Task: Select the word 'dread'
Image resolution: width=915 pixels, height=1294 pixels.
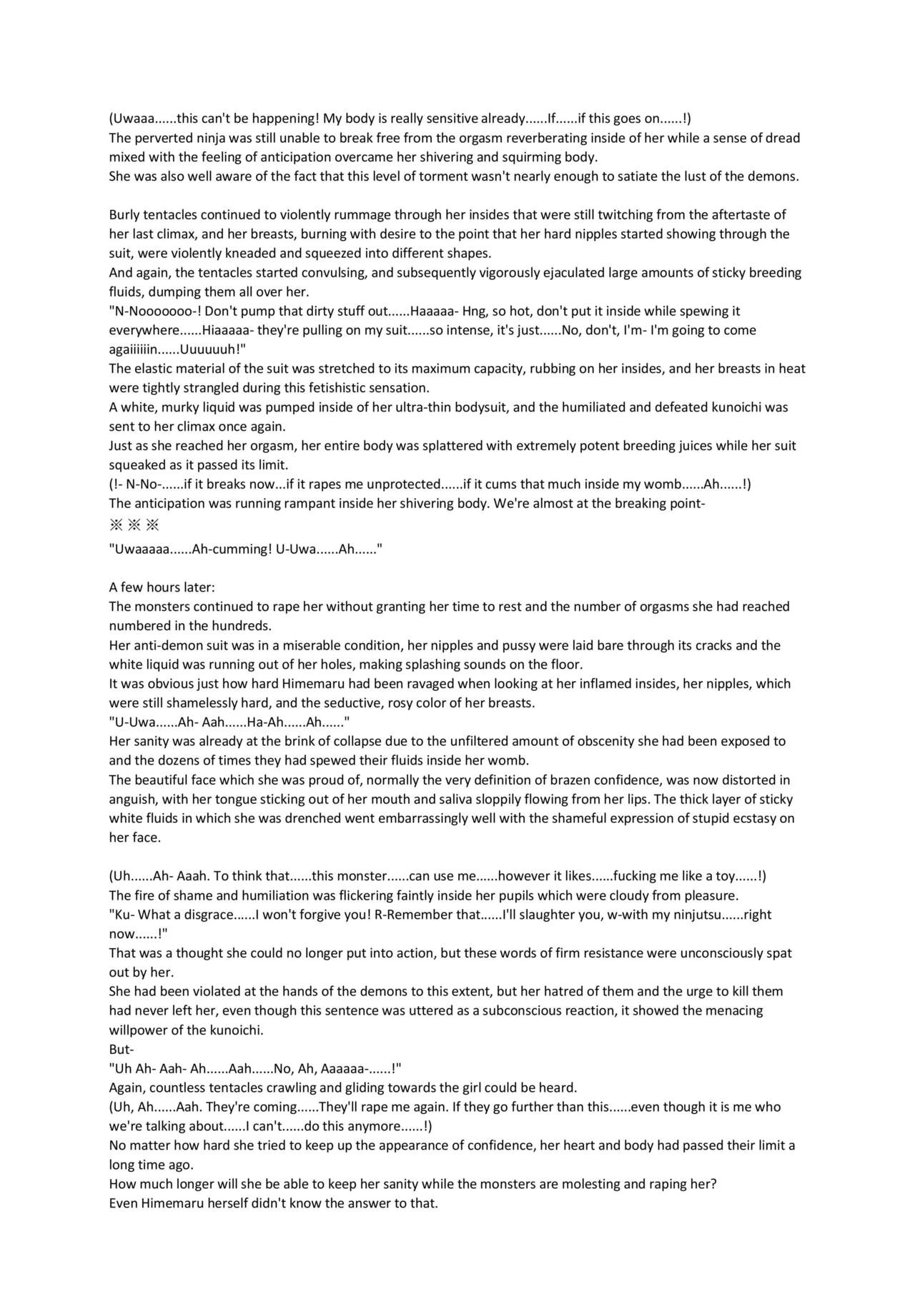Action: (x=783, y=138)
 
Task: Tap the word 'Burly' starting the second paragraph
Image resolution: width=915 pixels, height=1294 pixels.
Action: (x=124, y=214)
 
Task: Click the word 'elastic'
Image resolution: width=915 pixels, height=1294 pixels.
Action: (x=153, y=369)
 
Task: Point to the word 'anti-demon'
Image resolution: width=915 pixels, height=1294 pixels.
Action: (x=164, y=645)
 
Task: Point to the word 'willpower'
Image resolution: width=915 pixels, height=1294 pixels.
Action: (x=137, y=1030)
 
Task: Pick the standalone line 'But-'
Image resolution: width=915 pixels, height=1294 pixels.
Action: (x=122, y=1050)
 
